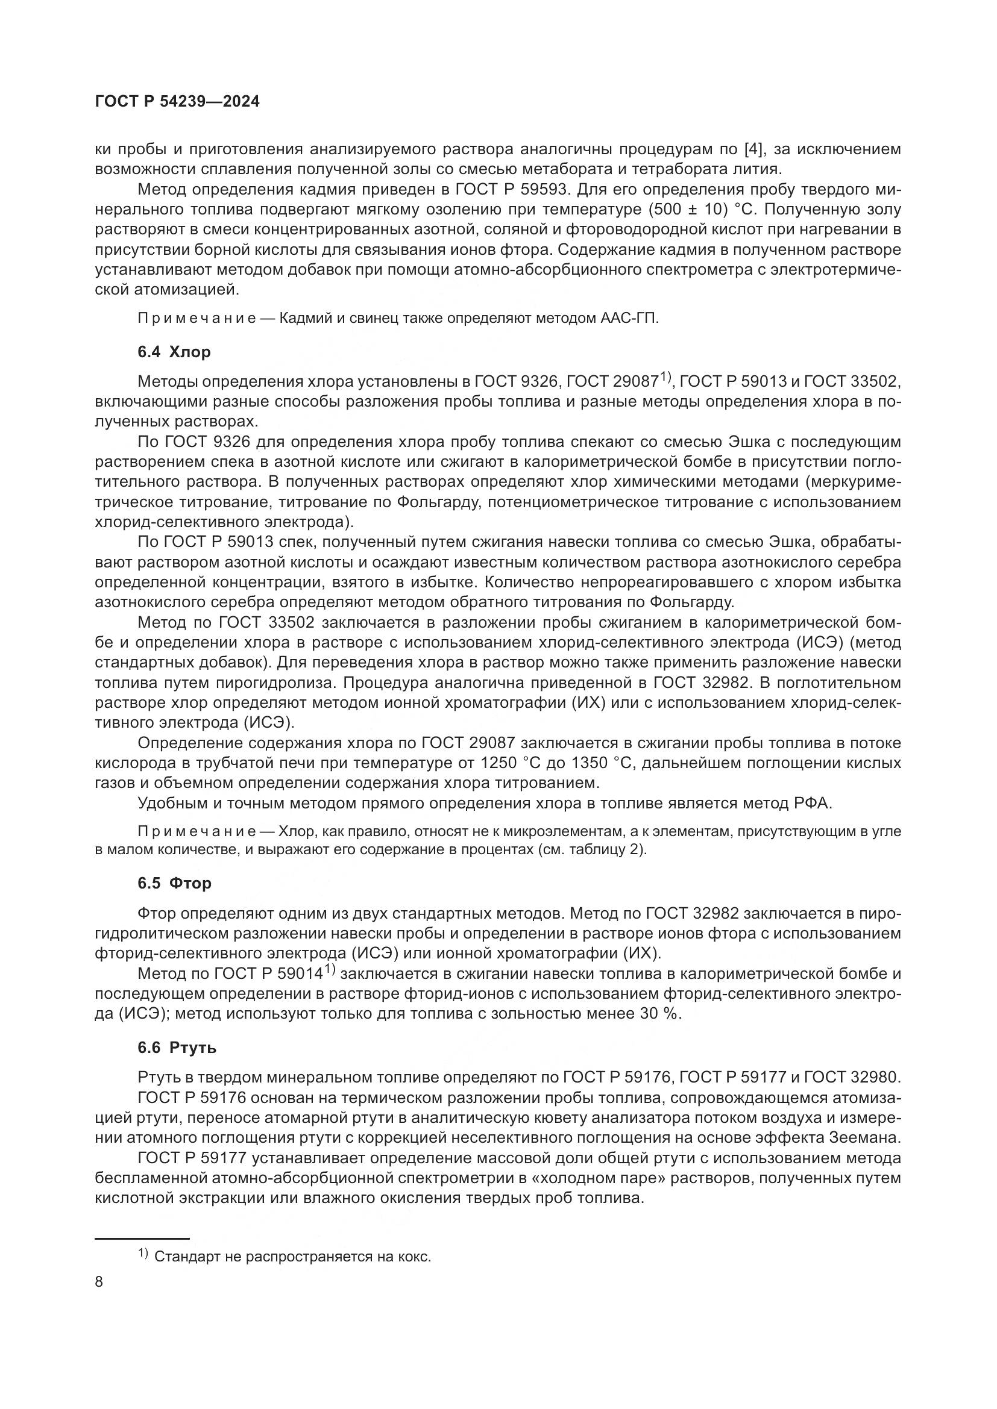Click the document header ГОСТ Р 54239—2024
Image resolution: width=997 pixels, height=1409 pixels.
(177, 102)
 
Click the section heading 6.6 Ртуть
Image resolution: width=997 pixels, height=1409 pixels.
(177, 1048)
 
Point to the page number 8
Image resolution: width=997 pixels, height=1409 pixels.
(99, 1282)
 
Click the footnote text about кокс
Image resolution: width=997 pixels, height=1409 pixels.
(292, 1257)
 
